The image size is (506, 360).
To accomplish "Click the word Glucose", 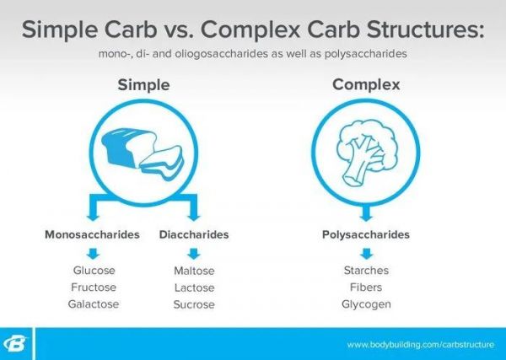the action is (94, 271).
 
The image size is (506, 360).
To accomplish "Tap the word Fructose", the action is (94, 287).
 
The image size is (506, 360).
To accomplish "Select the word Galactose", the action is (94, 304).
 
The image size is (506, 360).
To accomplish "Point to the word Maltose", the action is (194, 271).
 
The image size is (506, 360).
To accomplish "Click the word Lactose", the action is (194, 287).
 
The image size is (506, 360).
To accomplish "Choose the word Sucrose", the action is (194, 304).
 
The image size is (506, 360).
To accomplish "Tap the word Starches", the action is (366, 271).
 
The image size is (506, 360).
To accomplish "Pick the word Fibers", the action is (366, 287).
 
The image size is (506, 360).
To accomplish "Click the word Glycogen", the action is (366, 304).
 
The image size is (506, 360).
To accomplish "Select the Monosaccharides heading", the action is (92, 234).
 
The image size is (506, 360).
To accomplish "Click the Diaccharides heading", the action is (194, 234).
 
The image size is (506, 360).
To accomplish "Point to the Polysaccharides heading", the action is (366, 234).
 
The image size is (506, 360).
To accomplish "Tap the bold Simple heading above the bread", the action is (143, 85).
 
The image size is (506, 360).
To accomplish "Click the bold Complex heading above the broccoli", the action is (366, 84).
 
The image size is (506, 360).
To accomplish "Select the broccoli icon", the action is (367, 153).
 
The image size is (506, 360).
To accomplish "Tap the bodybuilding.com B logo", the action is (15, 343).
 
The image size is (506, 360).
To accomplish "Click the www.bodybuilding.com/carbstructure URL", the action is (421, 345).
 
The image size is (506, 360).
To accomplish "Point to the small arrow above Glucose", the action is (93, 254).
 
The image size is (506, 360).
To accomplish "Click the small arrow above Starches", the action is (367, 254).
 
